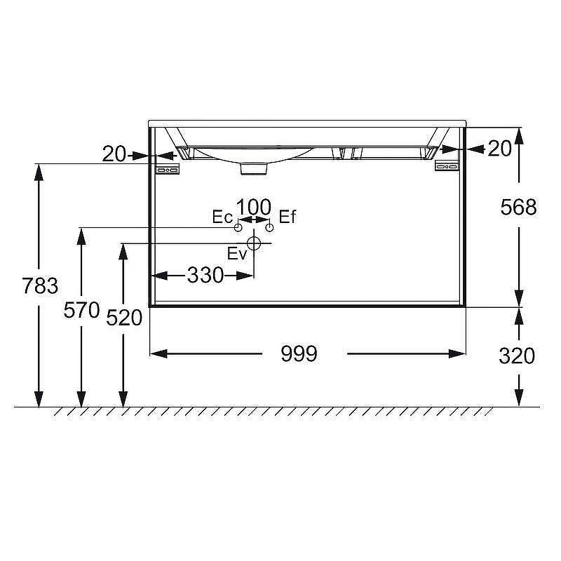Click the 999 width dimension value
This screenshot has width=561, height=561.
coord(299,354)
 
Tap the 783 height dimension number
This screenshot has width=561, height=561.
coord(40,286)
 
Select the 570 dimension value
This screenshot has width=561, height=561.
coord(81,310)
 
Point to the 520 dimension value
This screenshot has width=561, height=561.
coord(124,318)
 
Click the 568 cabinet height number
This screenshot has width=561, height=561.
coord(518,207)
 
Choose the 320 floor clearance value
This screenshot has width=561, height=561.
coord(517,356)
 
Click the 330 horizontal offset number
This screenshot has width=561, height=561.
coord(205,275)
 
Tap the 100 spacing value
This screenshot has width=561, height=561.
coord(254,207)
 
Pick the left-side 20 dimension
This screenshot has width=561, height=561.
coord(114,154)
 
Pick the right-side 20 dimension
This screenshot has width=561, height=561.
coord(500,149)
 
